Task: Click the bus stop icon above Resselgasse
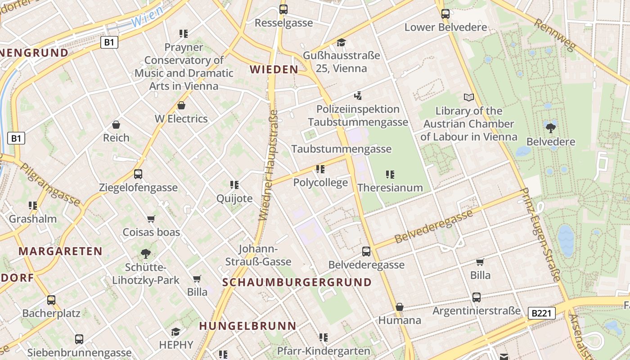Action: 283,9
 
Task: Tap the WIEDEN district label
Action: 274,69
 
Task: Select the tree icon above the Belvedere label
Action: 550,128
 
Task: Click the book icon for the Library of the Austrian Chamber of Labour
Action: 469,97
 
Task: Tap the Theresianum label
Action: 390,188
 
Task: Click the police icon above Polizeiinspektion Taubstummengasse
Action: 358,95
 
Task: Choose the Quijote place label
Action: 234,198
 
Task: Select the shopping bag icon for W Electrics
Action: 181,106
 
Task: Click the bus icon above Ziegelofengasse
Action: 138,174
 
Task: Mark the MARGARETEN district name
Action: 60,251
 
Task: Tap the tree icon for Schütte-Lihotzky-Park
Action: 146,254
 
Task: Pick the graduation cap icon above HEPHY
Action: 175,332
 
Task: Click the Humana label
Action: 400,320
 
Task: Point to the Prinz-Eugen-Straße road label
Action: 540,234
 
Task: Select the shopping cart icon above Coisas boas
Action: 151,219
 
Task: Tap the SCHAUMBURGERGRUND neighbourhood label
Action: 297,283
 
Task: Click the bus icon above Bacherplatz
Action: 51,300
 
